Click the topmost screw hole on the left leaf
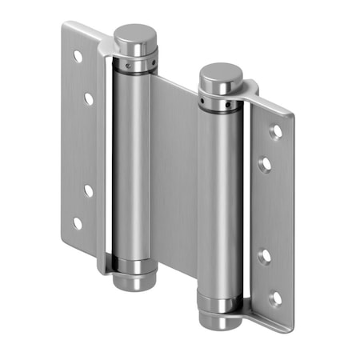(78, 57)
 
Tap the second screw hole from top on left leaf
(88, 98)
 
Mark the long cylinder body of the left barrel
(130, 160)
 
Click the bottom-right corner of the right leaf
(290, 330)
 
